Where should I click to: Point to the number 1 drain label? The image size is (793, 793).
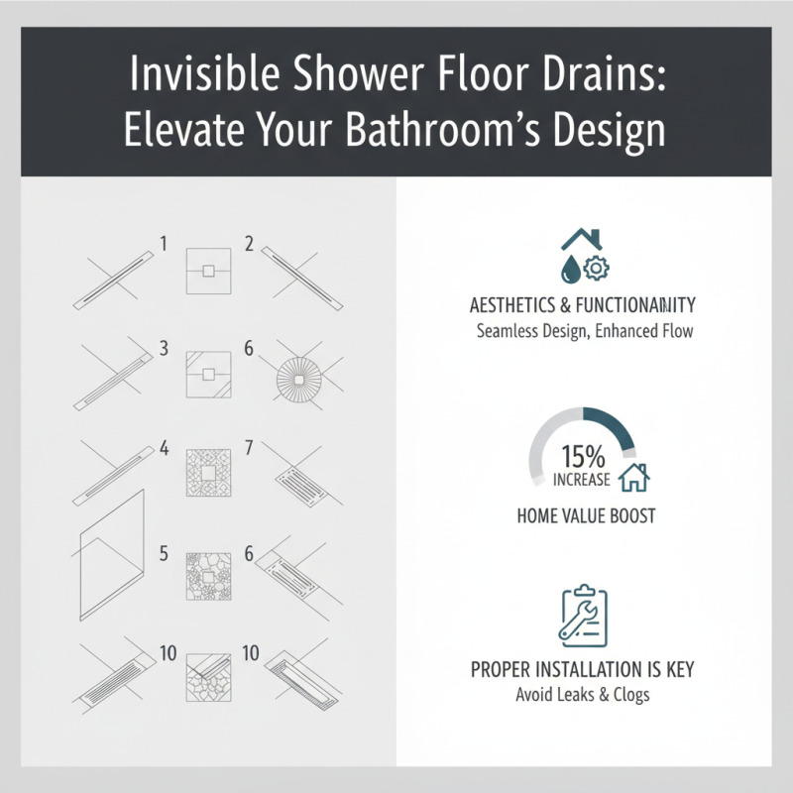164,243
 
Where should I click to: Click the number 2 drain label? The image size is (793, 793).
249,243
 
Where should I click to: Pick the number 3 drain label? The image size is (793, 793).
164,348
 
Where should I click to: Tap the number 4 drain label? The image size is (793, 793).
164,448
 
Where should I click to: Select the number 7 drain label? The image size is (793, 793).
249,448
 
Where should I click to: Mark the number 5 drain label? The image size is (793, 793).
164,552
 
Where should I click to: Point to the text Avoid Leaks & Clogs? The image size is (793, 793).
583,694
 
